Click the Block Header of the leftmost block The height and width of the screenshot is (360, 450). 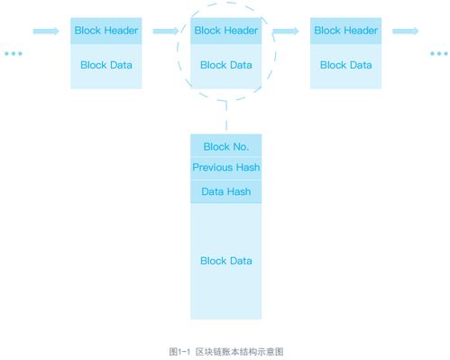[x=106, y=31]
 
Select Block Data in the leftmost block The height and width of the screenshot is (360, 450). [x=106, y=65]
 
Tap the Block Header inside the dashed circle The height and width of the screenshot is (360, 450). [x=225, y=31]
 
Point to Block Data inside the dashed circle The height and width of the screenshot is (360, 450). [x=225, y=65]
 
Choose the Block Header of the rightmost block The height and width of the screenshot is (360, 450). [x=345, y=31]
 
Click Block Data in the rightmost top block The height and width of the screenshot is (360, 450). [x=345, y=65]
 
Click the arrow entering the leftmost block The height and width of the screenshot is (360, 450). [x=46, y=31]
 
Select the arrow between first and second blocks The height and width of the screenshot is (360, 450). [x=166, y=31]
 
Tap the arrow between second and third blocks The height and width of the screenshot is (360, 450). [x=286, y=31]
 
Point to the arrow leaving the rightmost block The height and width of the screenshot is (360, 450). [x=405, y=31]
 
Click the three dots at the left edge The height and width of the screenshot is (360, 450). [x=13, y=54]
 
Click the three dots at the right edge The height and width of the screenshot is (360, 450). [x=437, y=54]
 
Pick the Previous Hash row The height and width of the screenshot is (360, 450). [x=225, y=168]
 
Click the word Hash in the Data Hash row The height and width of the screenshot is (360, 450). [x=240, y=191]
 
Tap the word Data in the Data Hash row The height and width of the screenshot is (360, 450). [x=212, y=191]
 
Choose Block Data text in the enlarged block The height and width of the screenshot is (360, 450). [x=225, y=261]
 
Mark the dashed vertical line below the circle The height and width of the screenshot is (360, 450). [x=225, y=120]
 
